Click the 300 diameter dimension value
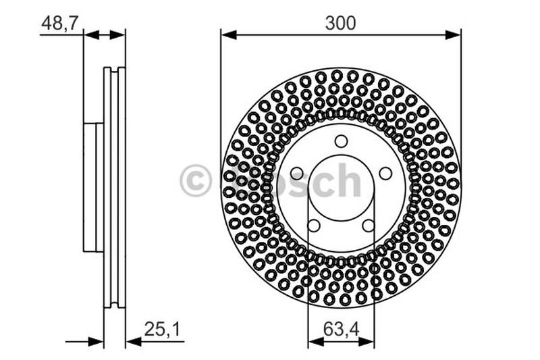coord(340,23)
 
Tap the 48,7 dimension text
coord(61,23)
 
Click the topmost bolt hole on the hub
coord(341,141)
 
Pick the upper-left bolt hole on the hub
coord(296,174)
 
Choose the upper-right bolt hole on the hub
coord(385,174)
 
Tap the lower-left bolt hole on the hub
coord(313,226)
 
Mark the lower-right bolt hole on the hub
coord(369,226)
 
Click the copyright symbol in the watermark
coord(196,182)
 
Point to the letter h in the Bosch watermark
coord(348,180)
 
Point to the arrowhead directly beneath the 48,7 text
coord(90,34)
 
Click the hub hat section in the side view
coord(93,187)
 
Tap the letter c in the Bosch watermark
coord(323,182)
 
